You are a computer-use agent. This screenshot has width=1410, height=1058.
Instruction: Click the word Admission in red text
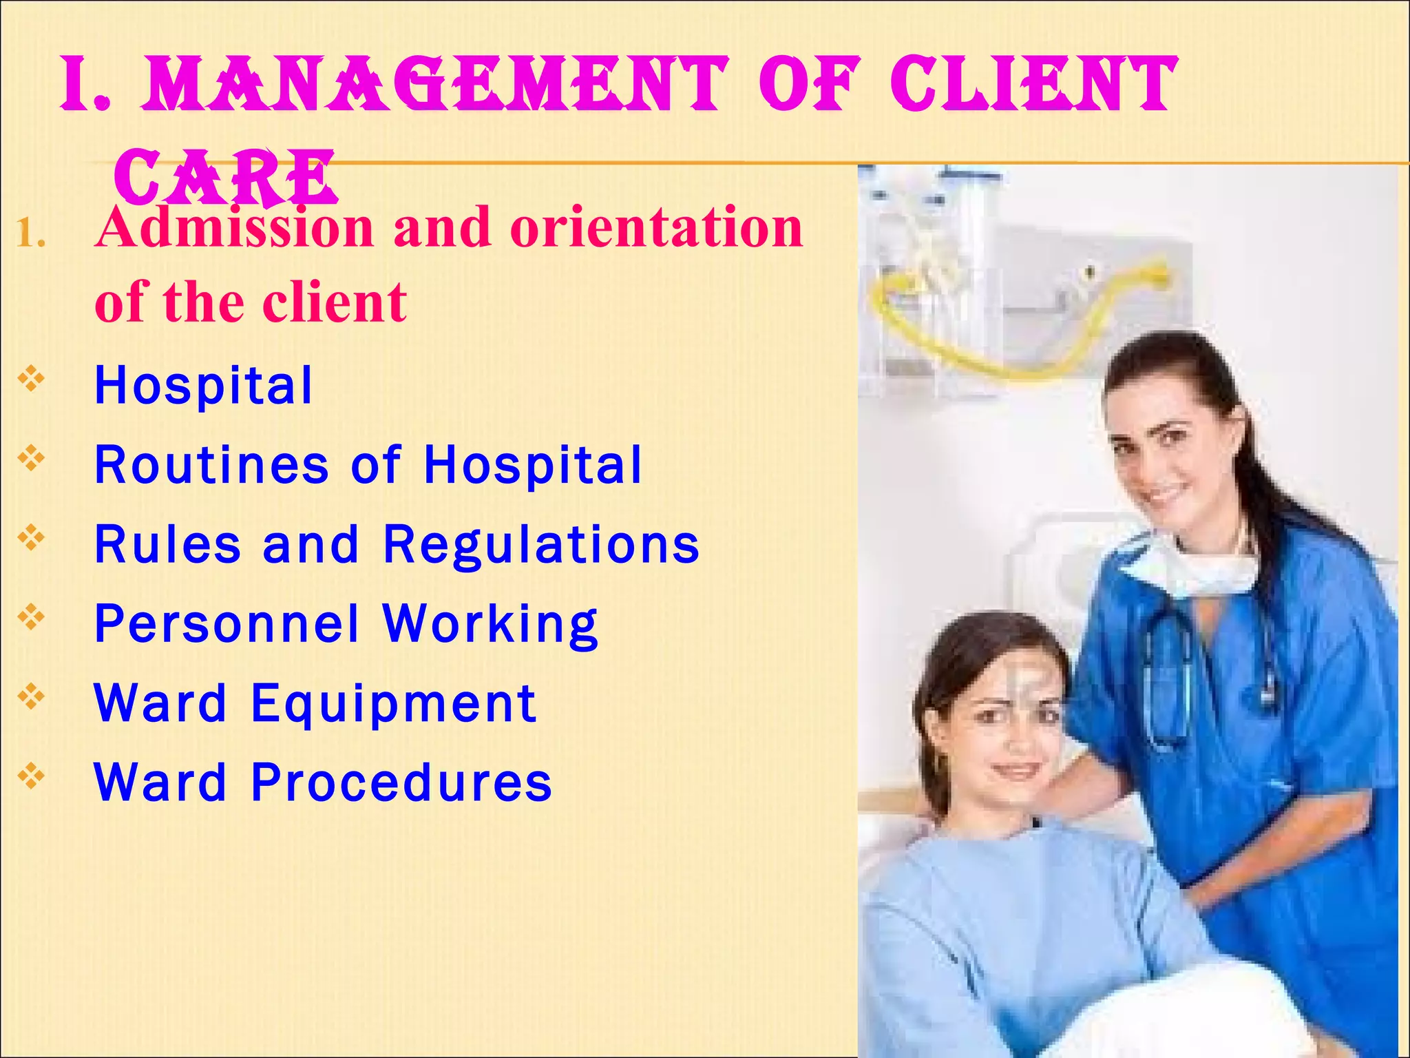234,227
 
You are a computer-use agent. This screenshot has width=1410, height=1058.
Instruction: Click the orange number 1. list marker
31,234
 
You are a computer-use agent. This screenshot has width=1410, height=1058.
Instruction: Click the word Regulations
541,544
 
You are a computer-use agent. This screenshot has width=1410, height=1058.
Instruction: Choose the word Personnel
227,624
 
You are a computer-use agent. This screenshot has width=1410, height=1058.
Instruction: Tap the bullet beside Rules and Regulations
32,538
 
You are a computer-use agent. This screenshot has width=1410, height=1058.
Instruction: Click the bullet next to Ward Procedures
32,776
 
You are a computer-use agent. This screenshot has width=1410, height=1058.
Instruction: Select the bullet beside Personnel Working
32,617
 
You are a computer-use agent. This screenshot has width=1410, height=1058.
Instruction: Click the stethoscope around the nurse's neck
1170,682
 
